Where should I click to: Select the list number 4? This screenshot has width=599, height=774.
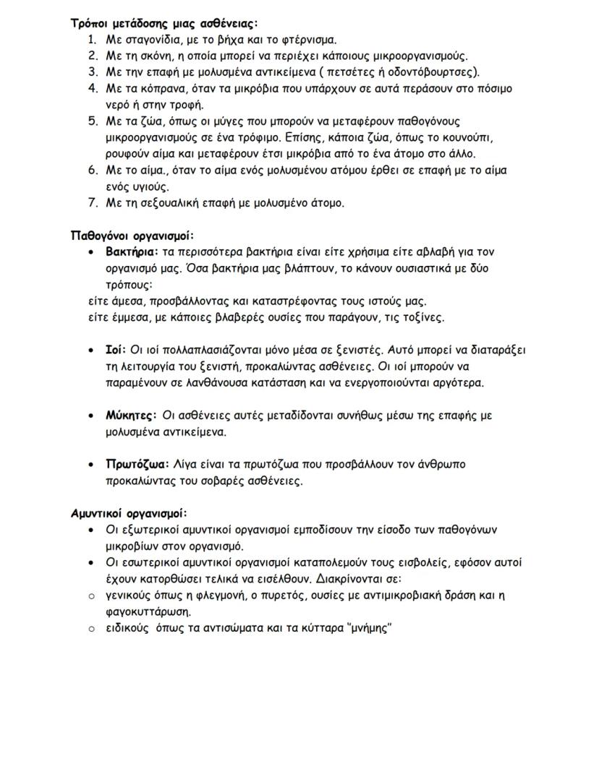(x=92, y=88)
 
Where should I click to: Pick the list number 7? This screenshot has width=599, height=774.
(x=92, y=203)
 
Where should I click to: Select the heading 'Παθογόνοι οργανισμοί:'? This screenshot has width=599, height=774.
(x=132, y=236)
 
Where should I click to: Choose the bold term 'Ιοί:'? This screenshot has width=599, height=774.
(x=116, y=350)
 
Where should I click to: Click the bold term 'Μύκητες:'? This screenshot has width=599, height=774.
(x=131, y=416)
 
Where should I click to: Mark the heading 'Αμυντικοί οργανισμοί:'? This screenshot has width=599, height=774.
(x=129, y=513)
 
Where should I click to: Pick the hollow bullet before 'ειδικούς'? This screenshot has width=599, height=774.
(x=91, y=629)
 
